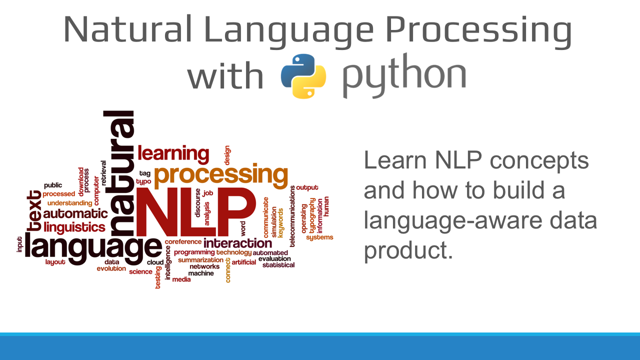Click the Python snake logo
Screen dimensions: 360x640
[x=303, y=75]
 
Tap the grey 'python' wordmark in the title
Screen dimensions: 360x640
[x=404, y=76]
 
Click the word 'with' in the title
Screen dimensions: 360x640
[x=225, y=76]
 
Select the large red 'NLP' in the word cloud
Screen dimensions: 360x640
[x=195, y=213]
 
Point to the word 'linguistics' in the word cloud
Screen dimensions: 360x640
[x=74, y=227]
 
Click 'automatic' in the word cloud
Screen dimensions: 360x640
[x=75, y=214]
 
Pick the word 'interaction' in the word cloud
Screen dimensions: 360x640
[x=237, y=243]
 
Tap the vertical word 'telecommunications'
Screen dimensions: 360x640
[x=292, y=215]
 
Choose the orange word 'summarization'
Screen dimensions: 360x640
[x=200, y=260]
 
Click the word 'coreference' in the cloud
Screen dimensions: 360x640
[x=183, y=242]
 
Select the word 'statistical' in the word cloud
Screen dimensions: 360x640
[x=278, y=265]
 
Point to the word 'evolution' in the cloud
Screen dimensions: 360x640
[x=111, y=268]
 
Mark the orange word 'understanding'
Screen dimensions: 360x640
[x=69, y=203]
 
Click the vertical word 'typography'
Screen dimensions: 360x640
[x=312, y=215]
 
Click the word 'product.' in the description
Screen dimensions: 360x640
[x=407, y=250]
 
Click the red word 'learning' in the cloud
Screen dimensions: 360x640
[x=173, y=153]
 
